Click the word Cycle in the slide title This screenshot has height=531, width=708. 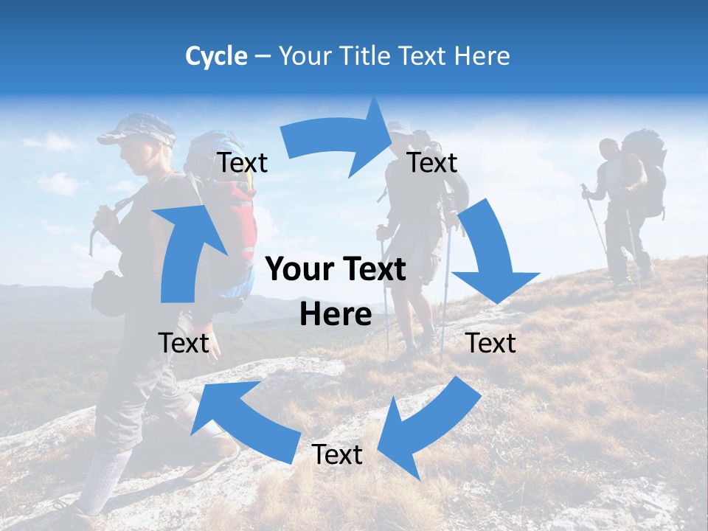(x=216, y=56)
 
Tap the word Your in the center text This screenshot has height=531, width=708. (x=298, y=270)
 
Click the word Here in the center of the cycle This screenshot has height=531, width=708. (x=336, y=314)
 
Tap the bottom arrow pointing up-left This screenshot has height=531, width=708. (x=243, y=417)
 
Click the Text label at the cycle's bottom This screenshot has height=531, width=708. (x=337, y=455)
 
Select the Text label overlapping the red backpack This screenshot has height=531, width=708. (x=243, y=163)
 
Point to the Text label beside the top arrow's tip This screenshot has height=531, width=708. (x=432, y=163)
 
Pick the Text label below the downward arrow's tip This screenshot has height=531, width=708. (x=490, y=343)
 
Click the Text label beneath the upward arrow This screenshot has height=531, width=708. (x=184, y=343)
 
